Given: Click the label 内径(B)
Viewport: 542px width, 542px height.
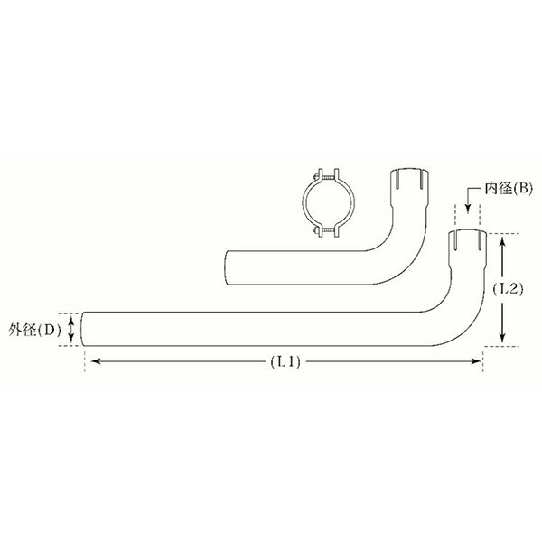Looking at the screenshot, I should pyautogui.click(x=510, y=188).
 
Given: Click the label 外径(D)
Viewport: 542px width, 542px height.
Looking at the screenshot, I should pyautogui.click(x=33, y=330).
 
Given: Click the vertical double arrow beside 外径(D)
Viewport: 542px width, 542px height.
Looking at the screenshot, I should pyautogui.click(x=72, y=330).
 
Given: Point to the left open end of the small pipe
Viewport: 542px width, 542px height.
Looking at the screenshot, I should pyautogui.click(x=226, y=269).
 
